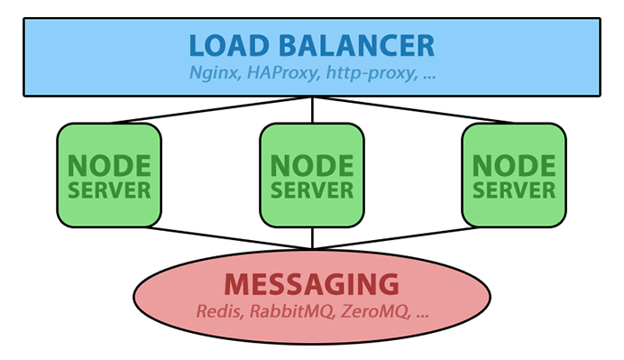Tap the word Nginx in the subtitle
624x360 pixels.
point(213,74)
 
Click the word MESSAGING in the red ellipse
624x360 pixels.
point(312,285)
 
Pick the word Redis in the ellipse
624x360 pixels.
point(216,313)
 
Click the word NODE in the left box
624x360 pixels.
point(109,166)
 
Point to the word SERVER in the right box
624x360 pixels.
point(514,190)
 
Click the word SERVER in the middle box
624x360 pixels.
point(312,190)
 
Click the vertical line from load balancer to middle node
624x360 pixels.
point(312,110)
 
